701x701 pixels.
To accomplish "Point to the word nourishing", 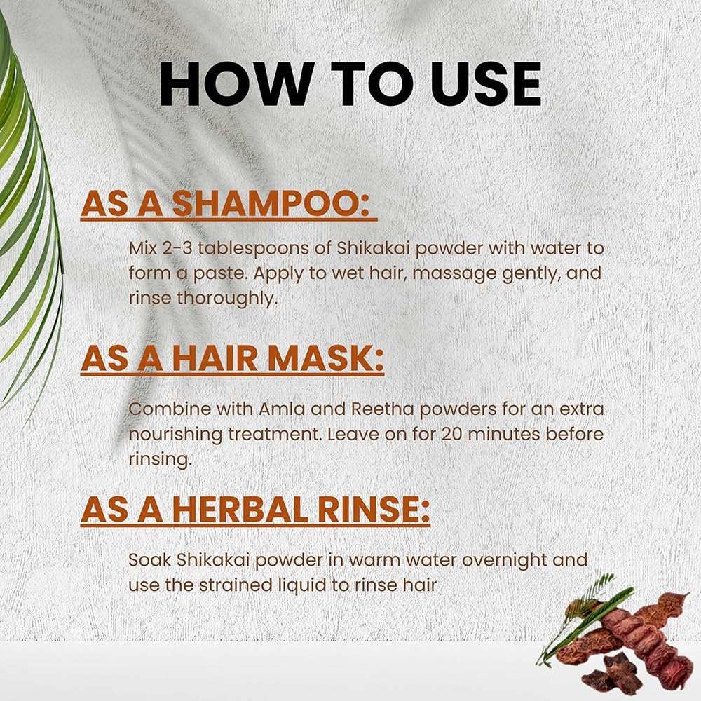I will [x=175, y=433].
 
